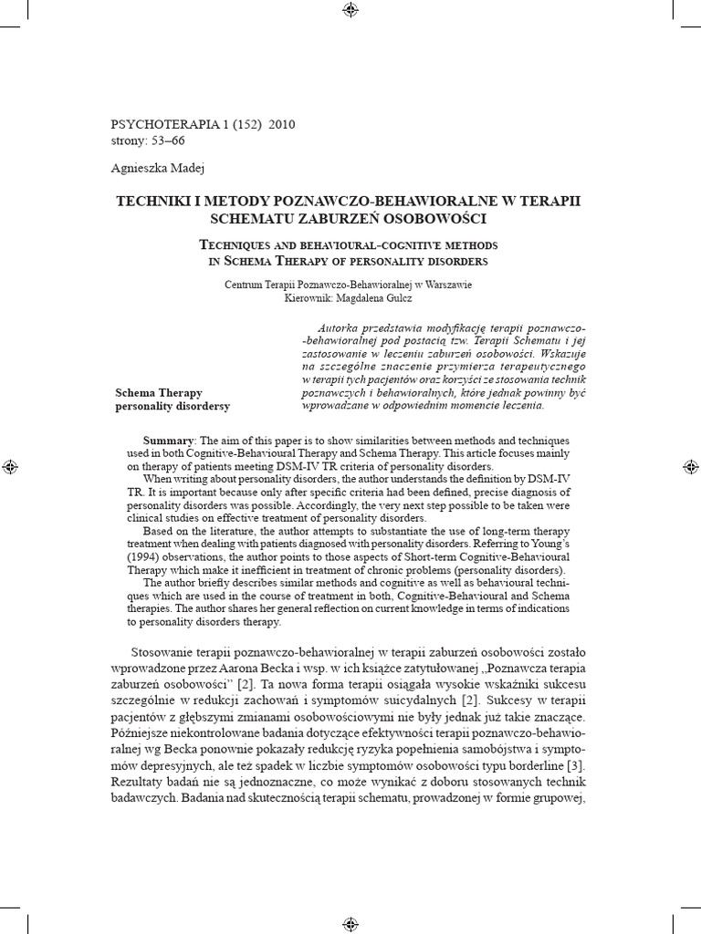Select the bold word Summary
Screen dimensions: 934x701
point(171,440)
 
